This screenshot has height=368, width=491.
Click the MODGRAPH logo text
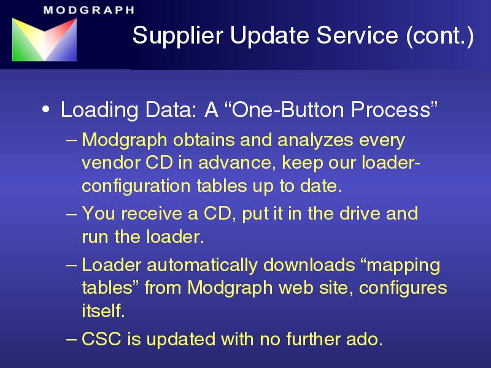[89, 10]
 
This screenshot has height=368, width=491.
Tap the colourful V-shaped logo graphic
[44, 39]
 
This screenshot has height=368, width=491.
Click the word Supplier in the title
[178, 36]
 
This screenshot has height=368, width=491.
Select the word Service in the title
[357, 35]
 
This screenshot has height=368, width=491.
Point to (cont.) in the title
[439, 36]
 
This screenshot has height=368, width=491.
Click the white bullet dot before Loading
[45, 110]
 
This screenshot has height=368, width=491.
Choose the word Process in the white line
[390, 110]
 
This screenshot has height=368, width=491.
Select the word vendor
[110, 163]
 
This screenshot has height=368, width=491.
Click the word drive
[360, 213]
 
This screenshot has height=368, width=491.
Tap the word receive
[152, 213]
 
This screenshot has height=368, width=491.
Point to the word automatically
[202, 265]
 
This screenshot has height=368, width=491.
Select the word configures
[403, 288]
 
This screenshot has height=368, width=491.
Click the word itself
[103, 311]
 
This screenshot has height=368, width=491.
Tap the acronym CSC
[101, 339]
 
